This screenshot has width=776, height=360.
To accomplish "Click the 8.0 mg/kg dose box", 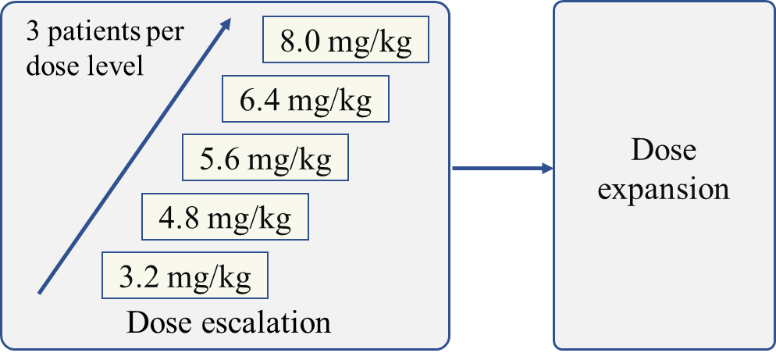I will (x=346, y=41).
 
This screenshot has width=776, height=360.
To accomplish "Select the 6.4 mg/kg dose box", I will (x=305, y=99).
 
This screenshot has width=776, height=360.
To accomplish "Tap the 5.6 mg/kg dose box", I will (x=265, y=159).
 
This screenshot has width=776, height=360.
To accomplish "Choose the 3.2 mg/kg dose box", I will (x=185, y=275).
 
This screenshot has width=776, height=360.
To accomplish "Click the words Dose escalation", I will (x=228, y=322).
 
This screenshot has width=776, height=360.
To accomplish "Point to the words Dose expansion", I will (x=664, y=169).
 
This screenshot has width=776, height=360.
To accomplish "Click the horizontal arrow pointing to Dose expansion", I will (x=502, y=168).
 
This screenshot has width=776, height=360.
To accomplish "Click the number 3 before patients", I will (x=33, y=34).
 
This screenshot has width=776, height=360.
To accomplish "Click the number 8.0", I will (x=299, y=41).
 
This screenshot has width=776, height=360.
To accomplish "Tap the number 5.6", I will (x=219, y=159).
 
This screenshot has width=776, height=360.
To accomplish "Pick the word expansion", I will (x=664, y=189).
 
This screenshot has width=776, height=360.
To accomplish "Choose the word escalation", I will (x=265, y=322).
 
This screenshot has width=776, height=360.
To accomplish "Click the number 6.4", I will (x=258, y=100).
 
